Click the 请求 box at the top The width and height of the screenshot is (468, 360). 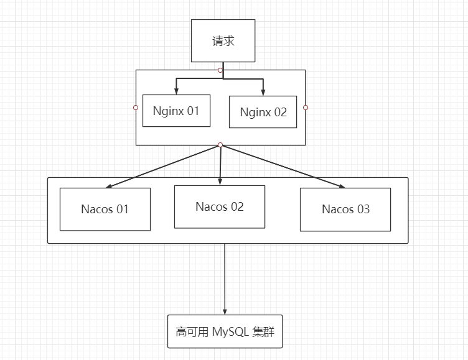tap(223, 40)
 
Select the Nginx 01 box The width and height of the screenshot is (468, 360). tap(176, 111)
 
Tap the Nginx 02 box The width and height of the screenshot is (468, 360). tap(263, 112)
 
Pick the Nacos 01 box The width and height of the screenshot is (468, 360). tap(105, 209)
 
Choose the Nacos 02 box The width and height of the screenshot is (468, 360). tap(219, 206)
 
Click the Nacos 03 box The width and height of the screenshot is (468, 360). tap(345, 209)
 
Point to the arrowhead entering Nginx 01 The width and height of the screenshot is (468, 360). tap(177, 91)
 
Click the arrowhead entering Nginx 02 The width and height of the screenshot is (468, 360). tap(263, 92)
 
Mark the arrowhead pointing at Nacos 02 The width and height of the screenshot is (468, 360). tap(220, 182)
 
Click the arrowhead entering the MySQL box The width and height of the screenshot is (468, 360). tap(225, 311)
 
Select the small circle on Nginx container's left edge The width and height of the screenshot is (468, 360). tap(136, 108)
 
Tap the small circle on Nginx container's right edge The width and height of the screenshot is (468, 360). tap(306, 108)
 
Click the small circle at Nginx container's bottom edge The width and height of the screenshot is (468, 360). tap(220, 145)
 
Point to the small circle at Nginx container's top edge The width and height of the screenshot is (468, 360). tap(220, 70)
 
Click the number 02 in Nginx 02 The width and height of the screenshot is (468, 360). tap(279, 113)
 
